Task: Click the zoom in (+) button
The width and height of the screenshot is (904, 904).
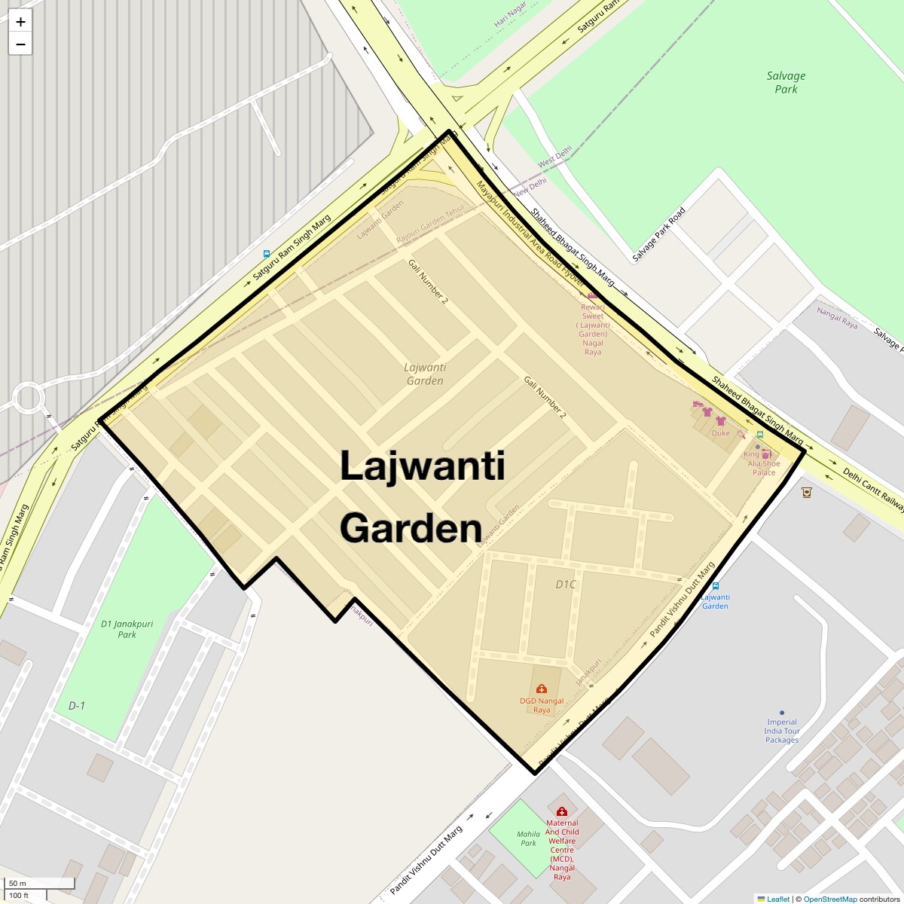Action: click(20, 22)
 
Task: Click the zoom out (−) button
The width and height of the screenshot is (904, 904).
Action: click(20, 44)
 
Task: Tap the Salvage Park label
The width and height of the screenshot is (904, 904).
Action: click(786, 82)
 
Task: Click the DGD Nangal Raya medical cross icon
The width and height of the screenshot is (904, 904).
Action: click(541, 689)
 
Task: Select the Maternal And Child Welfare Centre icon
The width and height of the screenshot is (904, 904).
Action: click(561, 811)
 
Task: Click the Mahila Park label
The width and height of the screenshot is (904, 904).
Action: click(529, 838)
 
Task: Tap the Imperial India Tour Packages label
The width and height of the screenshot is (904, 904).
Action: click(782, 731)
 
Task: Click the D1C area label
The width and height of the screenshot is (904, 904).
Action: click(566, 585)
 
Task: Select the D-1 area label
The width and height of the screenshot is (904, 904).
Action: click(77, 706)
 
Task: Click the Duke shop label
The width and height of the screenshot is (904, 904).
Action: click(721, 433)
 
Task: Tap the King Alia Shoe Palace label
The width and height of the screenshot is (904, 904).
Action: click(762, 463)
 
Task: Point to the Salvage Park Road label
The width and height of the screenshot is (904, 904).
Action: click(658, 234)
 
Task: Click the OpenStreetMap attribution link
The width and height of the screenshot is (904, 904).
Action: click(829, 899)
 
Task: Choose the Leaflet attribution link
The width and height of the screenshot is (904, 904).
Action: click(777, 899)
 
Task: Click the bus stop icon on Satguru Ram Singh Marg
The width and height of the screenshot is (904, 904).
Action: click(267, 254)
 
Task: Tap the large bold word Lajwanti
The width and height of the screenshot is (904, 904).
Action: click(422, 466)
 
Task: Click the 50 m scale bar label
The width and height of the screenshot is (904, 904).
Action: click(18, 883)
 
